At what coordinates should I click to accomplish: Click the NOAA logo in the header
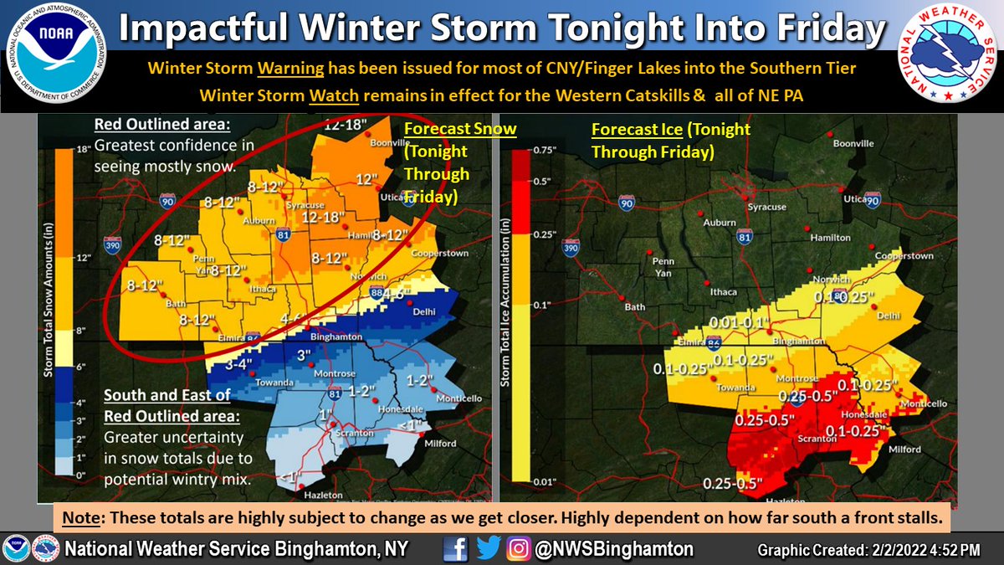coord(56,56)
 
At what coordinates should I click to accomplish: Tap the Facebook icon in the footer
coord(456,549)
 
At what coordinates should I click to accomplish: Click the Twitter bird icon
coord(487,549)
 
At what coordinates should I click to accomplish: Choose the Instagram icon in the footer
coord(519,549)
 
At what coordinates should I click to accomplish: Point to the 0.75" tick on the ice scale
coord(546,151)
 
